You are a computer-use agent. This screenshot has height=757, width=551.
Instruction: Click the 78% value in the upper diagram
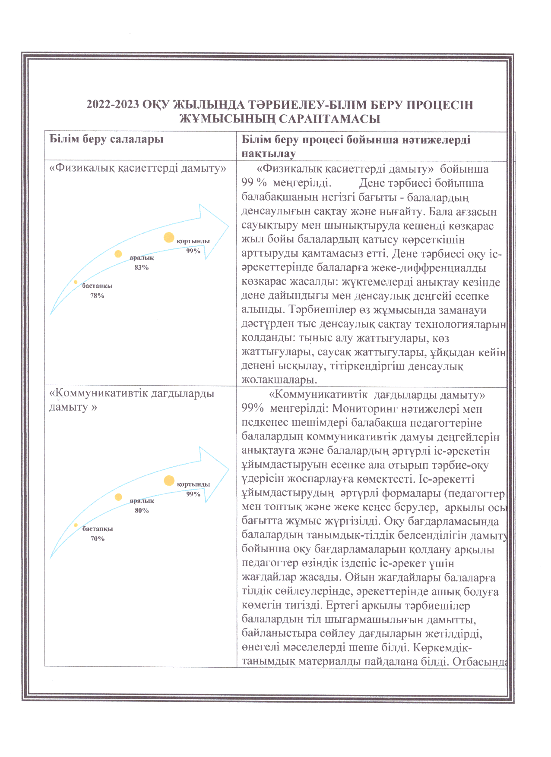pos(97,296)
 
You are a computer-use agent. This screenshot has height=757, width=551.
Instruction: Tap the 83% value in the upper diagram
pos(142,267)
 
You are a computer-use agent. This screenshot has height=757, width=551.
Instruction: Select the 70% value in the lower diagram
pos(98,539)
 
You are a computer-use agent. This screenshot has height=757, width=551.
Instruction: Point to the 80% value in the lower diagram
pos(142,511)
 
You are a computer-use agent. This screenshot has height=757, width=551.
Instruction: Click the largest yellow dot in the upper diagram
pos(169,237)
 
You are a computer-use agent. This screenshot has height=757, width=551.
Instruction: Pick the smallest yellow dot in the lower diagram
pos(76,525)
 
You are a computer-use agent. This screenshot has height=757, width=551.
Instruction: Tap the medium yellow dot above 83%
pos(118,254)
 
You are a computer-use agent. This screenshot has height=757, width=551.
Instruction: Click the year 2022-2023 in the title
pos(113,105)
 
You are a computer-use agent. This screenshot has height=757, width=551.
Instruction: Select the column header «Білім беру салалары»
pos(106,139)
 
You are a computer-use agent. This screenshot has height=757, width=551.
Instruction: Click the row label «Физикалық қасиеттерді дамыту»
pos(138,168)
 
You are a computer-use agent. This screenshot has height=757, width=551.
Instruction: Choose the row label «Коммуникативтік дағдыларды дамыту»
pos(132,400)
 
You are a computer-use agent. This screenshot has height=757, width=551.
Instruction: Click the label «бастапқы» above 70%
pos(98,529)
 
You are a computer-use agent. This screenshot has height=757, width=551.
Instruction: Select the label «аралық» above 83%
pos(142,258)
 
